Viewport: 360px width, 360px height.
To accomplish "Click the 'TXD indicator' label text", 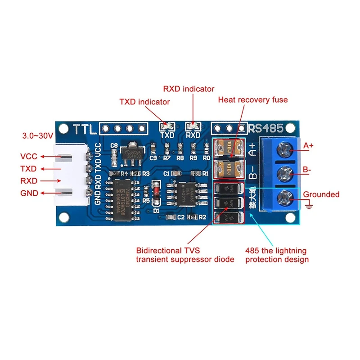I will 144,102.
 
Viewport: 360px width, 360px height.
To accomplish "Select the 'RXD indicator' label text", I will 189,89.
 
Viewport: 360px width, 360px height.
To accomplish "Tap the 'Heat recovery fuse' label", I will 252,99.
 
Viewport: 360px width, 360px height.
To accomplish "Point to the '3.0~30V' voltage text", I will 38,135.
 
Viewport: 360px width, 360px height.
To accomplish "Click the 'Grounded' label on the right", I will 321,194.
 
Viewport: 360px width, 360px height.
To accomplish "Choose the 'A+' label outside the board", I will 309,146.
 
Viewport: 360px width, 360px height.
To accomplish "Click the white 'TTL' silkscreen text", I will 85,129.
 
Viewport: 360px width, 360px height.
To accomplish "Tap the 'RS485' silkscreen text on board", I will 266,129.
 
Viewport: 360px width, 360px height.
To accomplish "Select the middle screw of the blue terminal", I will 284,172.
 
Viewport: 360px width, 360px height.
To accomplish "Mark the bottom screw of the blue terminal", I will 284,197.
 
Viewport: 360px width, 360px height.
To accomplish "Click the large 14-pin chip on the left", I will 121,200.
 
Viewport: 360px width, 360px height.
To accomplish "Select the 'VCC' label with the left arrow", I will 29,157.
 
